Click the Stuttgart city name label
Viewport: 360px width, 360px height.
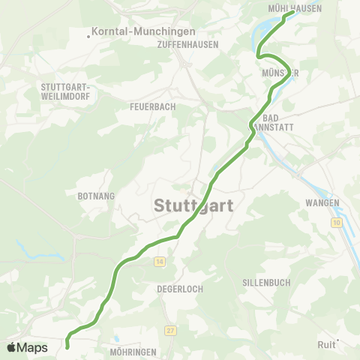click(194, 205)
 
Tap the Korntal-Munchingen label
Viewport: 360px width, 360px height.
click(143, 32)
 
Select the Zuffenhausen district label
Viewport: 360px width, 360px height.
click(188, 44)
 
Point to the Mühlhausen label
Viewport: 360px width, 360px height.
click(295, 8)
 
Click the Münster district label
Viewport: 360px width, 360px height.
click(281, 73)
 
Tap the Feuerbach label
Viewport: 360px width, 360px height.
click(153, 106)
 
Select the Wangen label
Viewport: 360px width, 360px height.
click(323, 202)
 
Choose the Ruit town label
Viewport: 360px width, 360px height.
click(325, 345)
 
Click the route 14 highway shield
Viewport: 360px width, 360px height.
click(160, 261)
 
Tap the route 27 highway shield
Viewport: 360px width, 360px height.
click(171, 330)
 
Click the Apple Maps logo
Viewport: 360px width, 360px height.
click(27, 347)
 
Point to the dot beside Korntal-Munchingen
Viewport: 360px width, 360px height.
click(88, 33)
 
